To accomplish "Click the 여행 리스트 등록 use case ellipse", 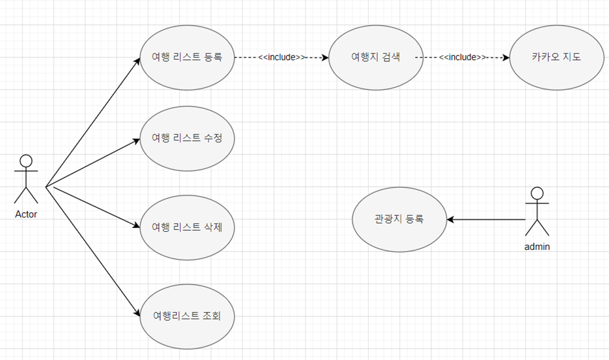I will pos(187,57).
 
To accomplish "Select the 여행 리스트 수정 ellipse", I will pos(187,139).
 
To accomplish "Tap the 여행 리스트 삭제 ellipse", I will pos(187,227).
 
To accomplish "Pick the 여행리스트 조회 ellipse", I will pos(187,316).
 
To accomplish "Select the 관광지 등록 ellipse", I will pos(399,219).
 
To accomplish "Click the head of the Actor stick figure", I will pos(26,161).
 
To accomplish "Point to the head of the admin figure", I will pos(537,193).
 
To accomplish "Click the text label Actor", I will pos(26,214).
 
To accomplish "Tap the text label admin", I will pos(537,247).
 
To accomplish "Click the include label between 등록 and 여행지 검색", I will pos(282,57).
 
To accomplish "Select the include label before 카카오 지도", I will pos(463,57).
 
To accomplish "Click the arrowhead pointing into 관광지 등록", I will pos(451,219).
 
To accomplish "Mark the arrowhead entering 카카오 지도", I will pos(505,57).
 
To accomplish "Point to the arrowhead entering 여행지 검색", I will pos(325,57).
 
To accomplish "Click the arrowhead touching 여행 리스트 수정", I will pos(136,139).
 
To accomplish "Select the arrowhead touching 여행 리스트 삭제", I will pos(136,227).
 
